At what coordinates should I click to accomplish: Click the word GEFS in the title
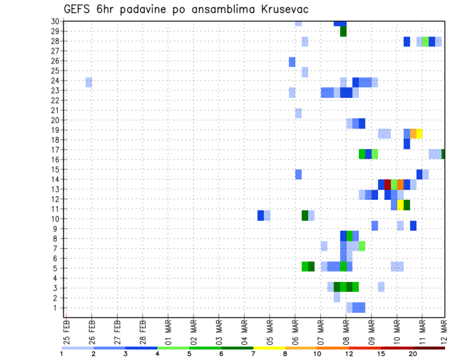[x=77, y=10]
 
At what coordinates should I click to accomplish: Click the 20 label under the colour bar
[x=413, y=354]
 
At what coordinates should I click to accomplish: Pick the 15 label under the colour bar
[x=381, y=354]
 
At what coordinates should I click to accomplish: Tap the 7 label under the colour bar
[x=253, y=354]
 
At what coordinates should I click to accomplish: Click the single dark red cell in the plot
[x=387, y=184]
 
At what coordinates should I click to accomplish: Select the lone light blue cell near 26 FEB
[x=89, y=82]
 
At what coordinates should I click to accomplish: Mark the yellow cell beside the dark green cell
[x=400, y=205]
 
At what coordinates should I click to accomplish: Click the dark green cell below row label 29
[x=343, y=31]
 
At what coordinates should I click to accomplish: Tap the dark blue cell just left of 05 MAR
[x=261, y=215]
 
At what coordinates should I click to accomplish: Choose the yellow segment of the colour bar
[x=269, y=347]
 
